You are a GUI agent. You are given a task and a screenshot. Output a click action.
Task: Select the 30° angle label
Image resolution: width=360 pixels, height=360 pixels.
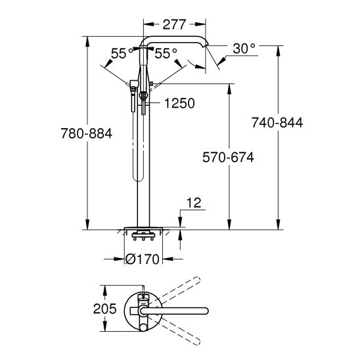point(244,47)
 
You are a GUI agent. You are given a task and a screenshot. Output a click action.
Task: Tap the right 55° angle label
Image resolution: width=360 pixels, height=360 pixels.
point(166,55)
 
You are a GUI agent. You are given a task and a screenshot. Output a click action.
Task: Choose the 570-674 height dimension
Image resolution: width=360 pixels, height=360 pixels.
point(228,158)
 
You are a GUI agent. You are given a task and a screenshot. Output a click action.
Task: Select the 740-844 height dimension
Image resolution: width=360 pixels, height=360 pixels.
point(277,123)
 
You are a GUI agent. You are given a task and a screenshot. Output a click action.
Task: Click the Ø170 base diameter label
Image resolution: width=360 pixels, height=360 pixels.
point(143,259)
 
